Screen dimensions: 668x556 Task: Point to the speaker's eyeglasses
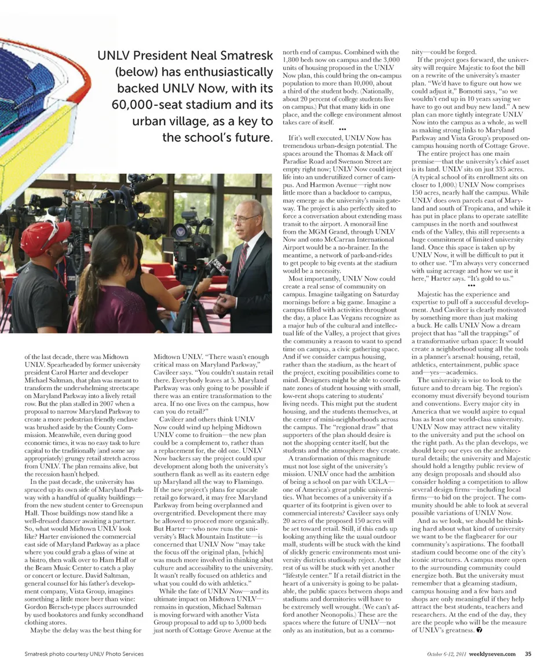pyautogui.click(x=245, y=218)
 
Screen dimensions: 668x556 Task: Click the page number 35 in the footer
pyautogui.click(x=528, y=654)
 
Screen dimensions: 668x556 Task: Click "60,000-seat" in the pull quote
pyautogui.click(x=144, y=105)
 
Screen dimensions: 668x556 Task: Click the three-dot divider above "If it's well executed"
pyautogui.click(x=342, y=129)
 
